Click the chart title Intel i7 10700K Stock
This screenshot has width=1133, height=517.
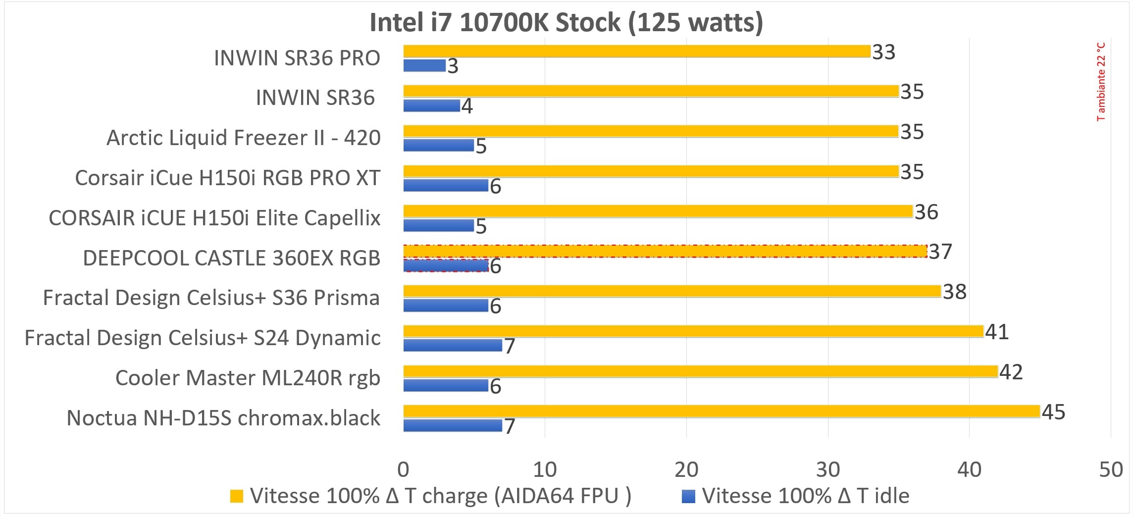(x=566, y=23)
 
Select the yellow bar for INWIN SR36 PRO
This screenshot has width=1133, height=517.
(x=636, y=51)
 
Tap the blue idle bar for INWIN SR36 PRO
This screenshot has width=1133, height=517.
(x=424, y=65)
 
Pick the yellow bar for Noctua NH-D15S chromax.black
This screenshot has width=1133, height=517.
(x=721, y=411)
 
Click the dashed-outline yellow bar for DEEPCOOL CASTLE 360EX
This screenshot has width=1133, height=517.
(x=665, y=251)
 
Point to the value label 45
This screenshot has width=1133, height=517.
(x=1053, y=412)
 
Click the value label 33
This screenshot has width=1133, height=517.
(x=883, y=52)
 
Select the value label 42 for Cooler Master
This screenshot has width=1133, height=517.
(x=1011, y=372)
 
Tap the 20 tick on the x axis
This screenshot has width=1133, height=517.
(x=686, y=469)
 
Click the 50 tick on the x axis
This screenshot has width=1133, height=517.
(x=1110, y=469)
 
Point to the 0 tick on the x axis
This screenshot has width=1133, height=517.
(x=403, y=469)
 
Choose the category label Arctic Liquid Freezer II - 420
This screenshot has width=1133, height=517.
(x=243, y=138)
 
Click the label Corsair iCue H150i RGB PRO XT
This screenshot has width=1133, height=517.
(x=227, y=178)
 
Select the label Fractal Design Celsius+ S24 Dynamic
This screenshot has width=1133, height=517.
(x=203, y=338)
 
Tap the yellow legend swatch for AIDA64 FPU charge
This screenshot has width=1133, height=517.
(x=237, y=496)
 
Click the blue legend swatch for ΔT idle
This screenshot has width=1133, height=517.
(x=688, y=496)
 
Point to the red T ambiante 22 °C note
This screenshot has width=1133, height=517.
(x=1100, y=82)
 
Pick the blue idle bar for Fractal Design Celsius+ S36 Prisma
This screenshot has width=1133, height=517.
(x=446, y=306)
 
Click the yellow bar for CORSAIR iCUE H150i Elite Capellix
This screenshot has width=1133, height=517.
(x=658, y=211)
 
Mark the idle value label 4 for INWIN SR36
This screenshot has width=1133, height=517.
(x=466, y=106)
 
